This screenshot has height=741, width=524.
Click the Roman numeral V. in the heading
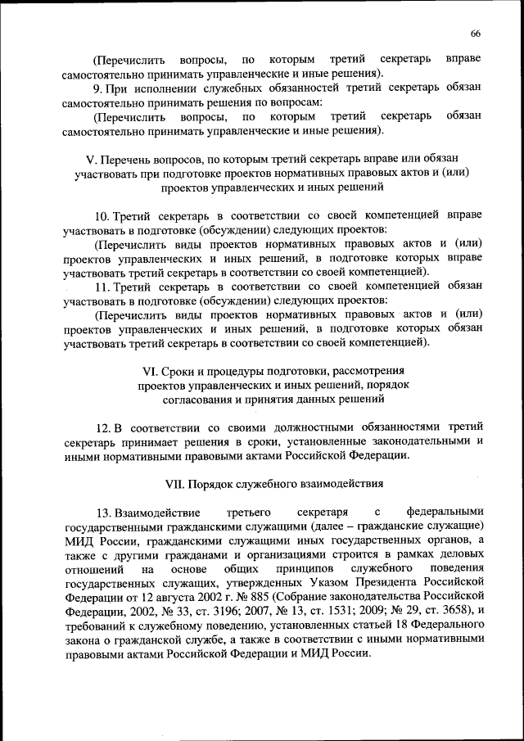(x=91, y=156)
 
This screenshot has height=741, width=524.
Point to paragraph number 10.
(x=102, y=216)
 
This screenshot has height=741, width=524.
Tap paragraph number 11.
(x=102, y=287)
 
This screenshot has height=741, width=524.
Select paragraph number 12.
(x=102, y=427)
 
